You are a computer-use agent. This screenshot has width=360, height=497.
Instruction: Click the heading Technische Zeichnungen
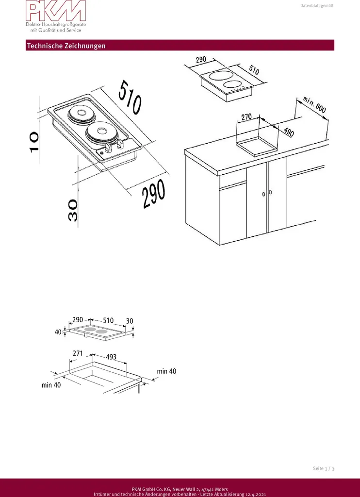pyautogui.click(x=66, y=46)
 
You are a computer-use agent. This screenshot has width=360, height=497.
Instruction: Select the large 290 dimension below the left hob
pyautogui.click(x=154, y=195)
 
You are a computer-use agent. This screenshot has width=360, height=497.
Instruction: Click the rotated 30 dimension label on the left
pyautogui.click(x=72, y=211)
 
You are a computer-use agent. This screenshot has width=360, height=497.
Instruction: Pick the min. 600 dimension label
pyautogui.click(x=314, y=105)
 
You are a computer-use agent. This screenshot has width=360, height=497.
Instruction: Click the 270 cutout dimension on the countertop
pyautogui.click(x=246, y=116)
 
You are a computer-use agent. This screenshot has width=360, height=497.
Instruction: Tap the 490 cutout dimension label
pyautogui.click(x=289, y=132)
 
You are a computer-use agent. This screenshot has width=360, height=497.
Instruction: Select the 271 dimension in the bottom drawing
pyautogui.click(x=78, y=353)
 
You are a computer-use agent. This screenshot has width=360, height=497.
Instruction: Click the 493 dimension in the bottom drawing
pyautogui.click(x=111, y=357)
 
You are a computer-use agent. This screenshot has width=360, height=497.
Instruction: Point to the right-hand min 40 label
pyautogui.click(x=166, y=371)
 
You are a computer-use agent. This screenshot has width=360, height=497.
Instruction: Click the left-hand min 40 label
pyautogui.click(x=51, y=385)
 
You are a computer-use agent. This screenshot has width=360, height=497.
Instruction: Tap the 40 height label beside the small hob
pyautogui.click(x=58, y=332)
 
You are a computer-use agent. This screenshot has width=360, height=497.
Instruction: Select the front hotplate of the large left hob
pyautogui.click(x=100, y=133)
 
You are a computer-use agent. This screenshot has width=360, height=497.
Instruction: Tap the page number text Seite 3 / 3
pyautogui.click(x=324, y=468)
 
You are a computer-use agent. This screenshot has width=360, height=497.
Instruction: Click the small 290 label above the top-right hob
pyautogui.click(x=201, y=60)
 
